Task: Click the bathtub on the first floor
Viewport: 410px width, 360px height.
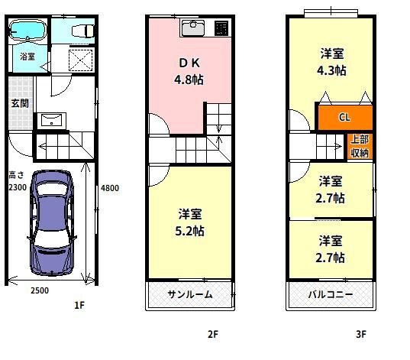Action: pos(27,31)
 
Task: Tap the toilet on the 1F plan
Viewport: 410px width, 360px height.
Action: pos(82,31)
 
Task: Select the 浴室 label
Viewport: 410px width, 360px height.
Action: pos(27,57)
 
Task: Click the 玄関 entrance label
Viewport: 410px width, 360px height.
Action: pos(20,103)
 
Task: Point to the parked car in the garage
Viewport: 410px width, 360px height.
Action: pos(52,223)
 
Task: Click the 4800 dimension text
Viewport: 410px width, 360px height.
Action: pos(110,188)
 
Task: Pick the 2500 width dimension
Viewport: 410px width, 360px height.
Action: pos(40,290)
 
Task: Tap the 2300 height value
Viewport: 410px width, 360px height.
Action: pos(18,187)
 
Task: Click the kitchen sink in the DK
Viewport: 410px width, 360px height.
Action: pos(193,28)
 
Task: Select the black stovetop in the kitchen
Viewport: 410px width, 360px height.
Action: pos(221,28)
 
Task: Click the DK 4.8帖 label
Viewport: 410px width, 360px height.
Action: pos(189,71)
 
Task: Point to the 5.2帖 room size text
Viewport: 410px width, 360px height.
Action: pos(189,231)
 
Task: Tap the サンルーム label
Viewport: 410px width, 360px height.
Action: pos(190,295)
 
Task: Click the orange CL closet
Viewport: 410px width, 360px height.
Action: pos(345,117)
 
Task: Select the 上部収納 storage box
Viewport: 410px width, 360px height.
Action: pos(360,146)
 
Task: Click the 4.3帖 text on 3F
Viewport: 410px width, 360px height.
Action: pos(331,70)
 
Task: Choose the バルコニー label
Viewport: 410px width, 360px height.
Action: pos(331,295)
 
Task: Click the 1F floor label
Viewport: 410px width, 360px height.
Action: pos(79,305)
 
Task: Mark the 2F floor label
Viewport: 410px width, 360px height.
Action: pos(213,334)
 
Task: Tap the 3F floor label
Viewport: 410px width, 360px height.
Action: pos(361,334)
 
